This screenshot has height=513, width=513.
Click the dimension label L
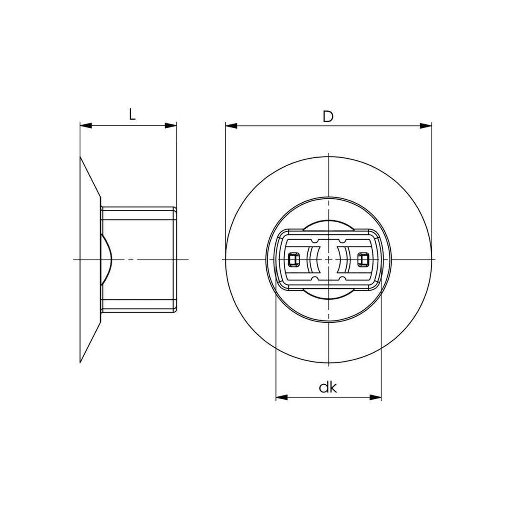[x=132, y=115]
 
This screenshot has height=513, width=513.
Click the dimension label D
[x=328, y=117]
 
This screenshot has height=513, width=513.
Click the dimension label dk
[x=328, y=388]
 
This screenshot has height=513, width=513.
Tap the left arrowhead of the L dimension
[x=86, y=126]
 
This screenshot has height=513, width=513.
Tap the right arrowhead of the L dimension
[x=171, y=126]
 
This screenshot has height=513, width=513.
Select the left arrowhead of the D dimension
[x=231, y=126]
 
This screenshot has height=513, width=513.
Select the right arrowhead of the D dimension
[x=426, y=126]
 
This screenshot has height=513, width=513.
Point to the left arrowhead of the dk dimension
[x=282, y=405]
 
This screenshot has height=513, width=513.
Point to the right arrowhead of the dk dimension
[x=375, y=405]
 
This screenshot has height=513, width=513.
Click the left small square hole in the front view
[x=294, y=259]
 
